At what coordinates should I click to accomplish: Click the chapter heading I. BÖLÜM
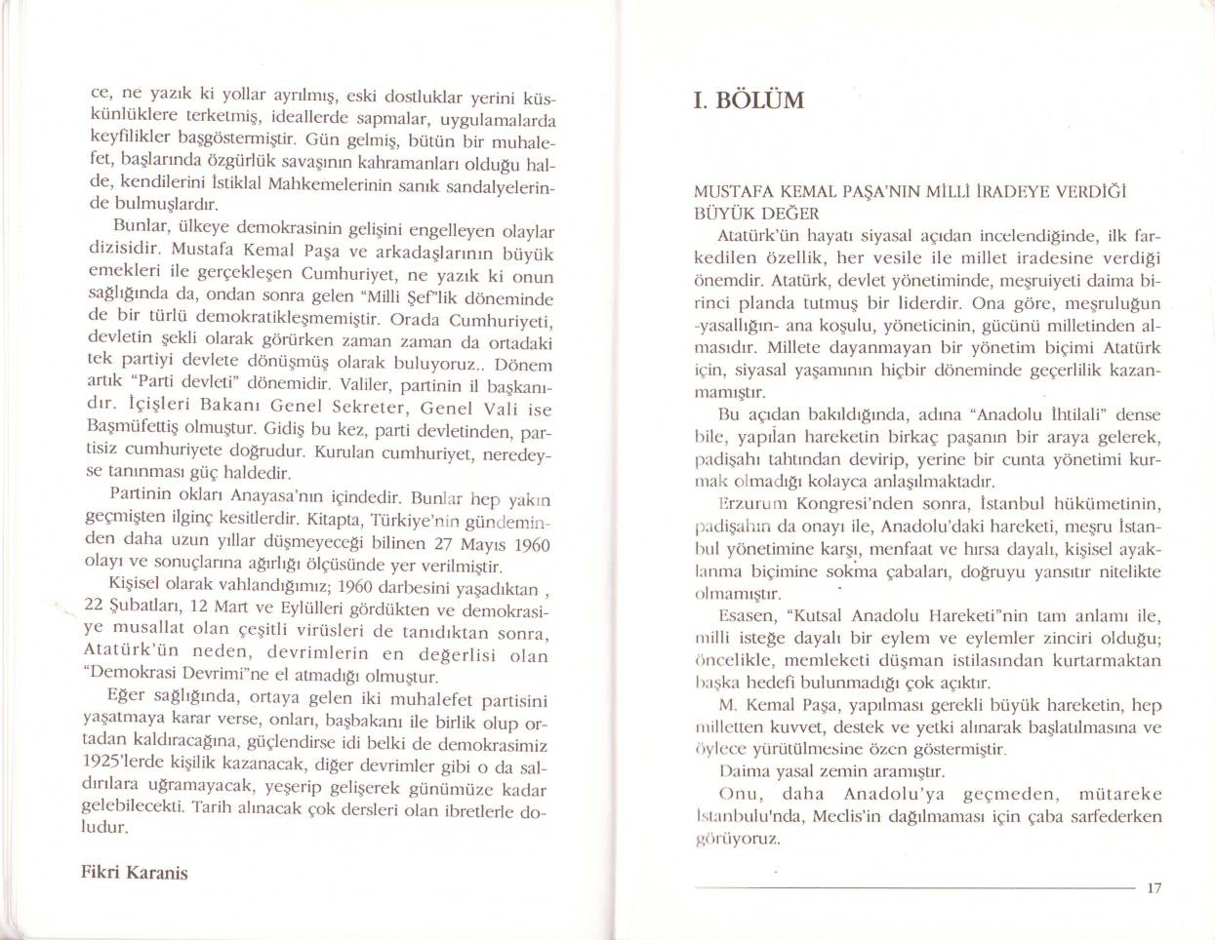(x=748, y=100)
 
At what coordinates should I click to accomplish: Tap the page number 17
(x=1154, y=887)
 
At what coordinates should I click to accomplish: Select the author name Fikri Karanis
(x=134, y=872)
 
